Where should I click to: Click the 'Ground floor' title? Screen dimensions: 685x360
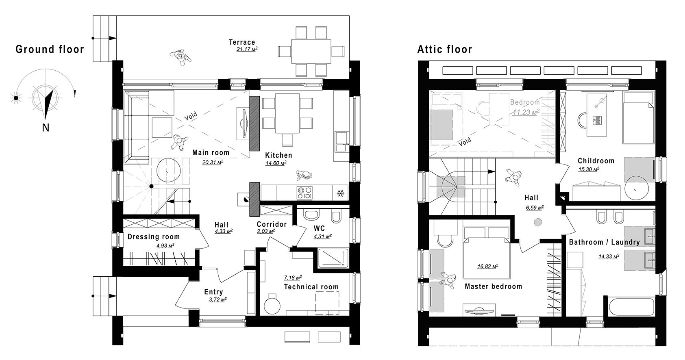[x=50, y=49]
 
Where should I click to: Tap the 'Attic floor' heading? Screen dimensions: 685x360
[x=445, y=49]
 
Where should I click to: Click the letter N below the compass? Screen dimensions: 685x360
[x=46, y=128]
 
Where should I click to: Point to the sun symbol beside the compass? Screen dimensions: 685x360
[x=16, y=98]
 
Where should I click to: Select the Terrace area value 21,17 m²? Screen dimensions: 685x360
[x=247, y=49]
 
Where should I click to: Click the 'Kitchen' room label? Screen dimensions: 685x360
[x=278, y=155]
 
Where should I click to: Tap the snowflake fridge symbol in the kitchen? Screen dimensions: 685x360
[x=340, y=193]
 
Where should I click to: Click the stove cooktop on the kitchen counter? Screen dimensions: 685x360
[x=304, y=193]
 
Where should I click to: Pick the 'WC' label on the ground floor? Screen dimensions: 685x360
[x=319, y=228]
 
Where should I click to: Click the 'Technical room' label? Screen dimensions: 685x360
[x=311, y=287]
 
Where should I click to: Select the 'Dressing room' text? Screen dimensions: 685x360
[x=154, y=237]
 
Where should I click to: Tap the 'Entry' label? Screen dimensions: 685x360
[x=213, y=292]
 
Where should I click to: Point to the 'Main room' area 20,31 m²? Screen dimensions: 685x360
[x=213, y=162]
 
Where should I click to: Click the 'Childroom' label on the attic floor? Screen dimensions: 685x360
[x=596, y=161]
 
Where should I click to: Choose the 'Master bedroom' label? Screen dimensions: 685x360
[x=493, y=286]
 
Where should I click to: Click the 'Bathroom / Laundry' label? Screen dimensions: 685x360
[x=604, y=242]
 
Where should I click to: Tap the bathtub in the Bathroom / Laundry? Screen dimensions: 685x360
[x=629, y=307]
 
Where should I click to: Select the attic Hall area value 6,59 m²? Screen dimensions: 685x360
[x=535, y=208]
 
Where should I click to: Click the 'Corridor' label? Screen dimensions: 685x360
[x=272, y=224]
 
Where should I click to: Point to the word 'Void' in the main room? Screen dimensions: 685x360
[x=191, y=117]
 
